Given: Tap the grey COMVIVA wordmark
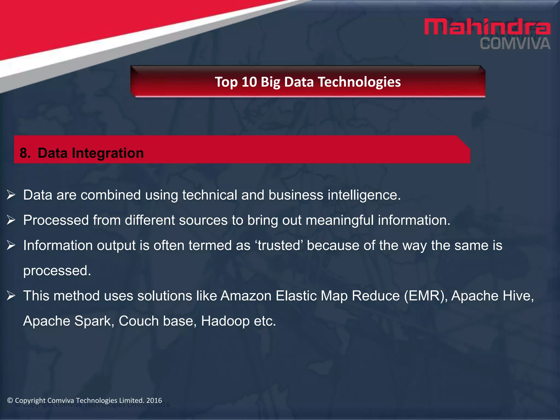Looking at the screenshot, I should pyautogui.click(x=515, y=44).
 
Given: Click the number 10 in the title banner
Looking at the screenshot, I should pyautogui.click(x=249, y=82).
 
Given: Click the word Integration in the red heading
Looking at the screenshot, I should pyautogui.click(x=108, y=153).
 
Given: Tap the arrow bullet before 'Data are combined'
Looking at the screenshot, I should pyautogui.click(x=11, y=195).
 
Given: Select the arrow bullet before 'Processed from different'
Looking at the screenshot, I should pyautogui.click(x=11, y=220).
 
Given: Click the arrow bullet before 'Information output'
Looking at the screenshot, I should pyautogui.click(x=11, y=245).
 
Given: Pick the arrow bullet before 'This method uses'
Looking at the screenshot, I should pyautogui.click(x=11, y=296).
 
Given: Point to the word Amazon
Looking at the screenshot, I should pyautogui.click(x=246, y=296).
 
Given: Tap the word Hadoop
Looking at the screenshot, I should pyautogui.click(x=225, y=321).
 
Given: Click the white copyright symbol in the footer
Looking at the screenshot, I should pyautogui.click(x=10, y=400).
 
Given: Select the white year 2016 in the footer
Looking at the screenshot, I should pyautogui.click(x=154, y=400).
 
